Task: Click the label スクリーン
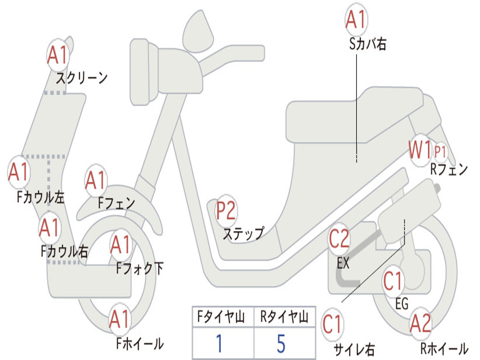(x=82, y=78)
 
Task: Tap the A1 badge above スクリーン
(x=58, y=55)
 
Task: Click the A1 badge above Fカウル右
(x=49, y=228)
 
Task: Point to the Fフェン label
(x=117, y=203)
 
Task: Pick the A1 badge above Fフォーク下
(x=121, y=244)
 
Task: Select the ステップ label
(x=243, y=233)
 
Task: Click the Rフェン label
(x=449, y=170)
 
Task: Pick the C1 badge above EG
(x=393, y=281)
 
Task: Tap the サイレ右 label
(x=354, y=349)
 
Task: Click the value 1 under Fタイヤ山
(x=218, y=344)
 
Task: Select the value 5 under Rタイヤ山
(x=281, y=344)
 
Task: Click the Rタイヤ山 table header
(x=284, y=318)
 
